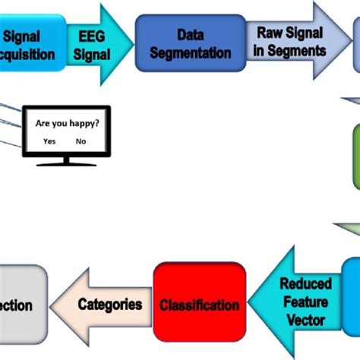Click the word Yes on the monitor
tap(49, 141)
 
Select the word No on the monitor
tap(80, 141)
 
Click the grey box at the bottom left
tap(21, 305)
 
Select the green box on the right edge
tap(355, 156)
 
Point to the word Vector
tap(306, 320)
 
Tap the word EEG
tap(92, 35)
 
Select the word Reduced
tap(306, 284)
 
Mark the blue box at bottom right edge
tap(352, 292)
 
